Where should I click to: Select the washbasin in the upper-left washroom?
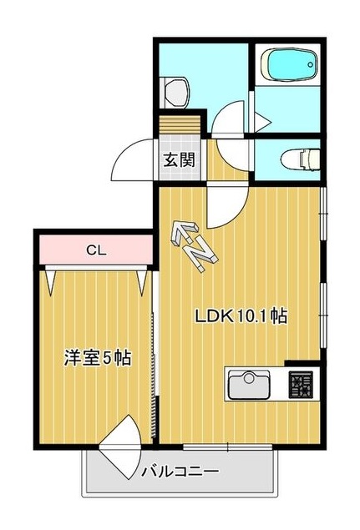176,89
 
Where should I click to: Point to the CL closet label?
95,248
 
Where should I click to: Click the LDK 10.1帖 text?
242,316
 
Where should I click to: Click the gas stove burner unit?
301,384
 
